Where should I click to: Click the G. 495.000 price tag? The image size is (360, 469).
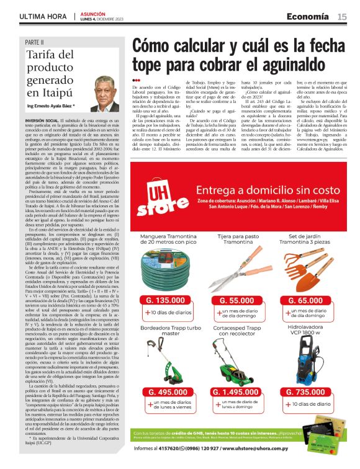pyautogui.click(x=166, y=391)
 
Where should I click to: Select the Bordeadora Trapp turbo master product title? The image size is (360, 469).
pyautogui.click(x=166, y=331)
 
